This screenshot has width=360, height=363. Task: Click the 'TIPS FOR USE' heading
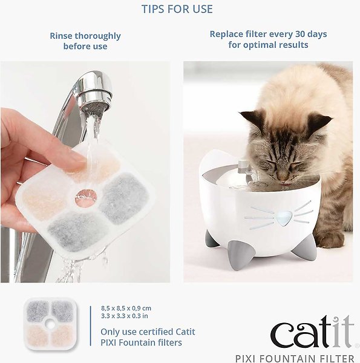[x=177, y=9]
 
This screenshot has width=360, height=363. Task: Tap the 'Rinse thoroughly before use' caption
[x=85, y=41]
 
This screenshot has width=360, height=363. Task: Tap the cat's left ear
[x=254, y=118]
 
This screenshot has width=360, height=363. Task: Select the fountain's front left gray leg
[x=212, y=239]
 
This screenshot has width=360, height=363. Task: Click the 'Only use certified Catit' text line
[x=148, y=332]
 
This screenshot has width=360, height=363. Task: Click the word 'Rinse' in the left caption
[x=62, y=36]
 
